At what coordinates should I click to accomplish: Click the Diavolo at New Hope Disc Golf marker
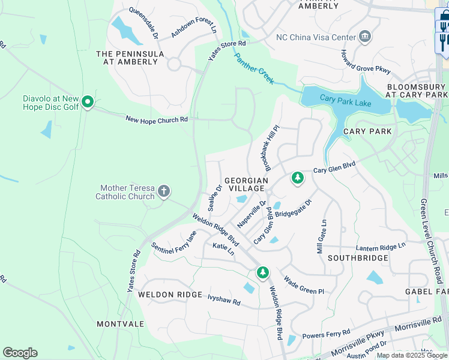pos(88,103)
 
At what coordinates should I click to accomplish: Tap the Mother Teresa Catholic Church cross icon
pos(164,192)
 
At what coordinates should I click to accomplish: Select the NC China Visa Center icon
pos(364,37)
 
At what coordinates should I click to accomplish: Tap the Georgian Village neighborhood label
pos(246,180)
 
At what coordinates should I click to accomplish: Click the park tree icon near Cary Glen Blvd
pos(297,178)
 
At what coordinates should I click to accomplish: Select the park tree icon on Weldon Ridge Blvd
pos(262,272)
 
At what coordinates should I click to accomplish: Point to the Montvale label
pos(121,323)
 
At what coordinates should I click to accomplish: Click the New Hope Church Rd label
pos(157,120)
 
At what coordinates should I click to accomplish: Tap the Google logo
pos(20,353)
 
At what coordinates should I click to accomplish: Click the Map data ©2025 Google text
pos(412,355)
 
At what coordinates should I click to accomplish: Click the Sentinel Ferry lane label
pos(174,242)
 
